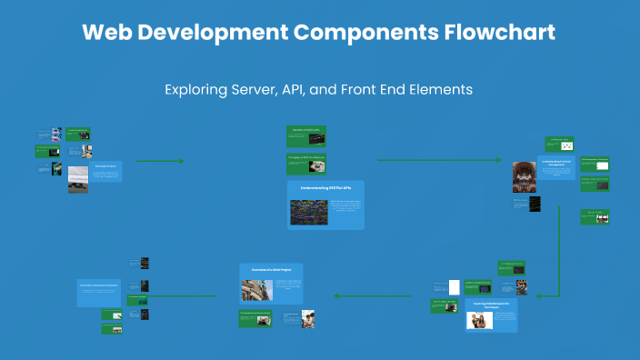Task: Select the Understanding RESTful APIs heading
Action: point(325,187)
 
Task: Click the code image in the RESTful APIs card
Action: point(308,212)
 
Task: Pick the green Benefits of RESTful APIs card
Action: point(306,135)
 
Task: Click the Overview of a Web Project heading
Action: point(271,269)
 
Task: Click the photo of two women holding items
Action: point(479,320)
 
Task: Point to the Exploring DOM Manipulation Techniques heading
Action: point(490,305)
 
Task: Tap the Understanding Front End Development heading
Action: point(555,164)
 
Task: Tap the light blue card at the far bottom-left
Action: point(98,292)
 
